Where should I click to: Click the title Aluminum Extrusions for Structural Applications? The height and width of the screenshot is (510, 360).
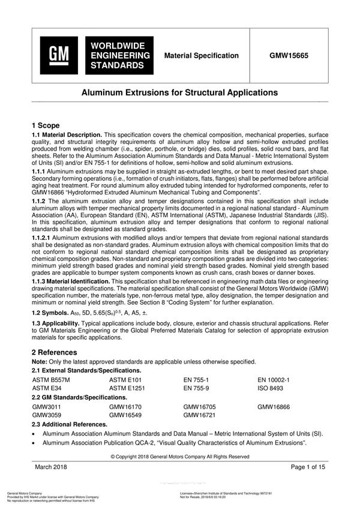pos(179,93)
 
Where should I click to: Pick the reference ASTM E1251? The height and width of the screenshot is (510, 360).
pos(127,389)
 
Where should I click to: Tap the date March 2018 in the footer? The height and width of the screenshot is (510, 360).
pos(50,467)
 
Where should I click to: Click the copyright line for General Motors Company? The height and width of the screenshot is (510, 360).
pos(180,456)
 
